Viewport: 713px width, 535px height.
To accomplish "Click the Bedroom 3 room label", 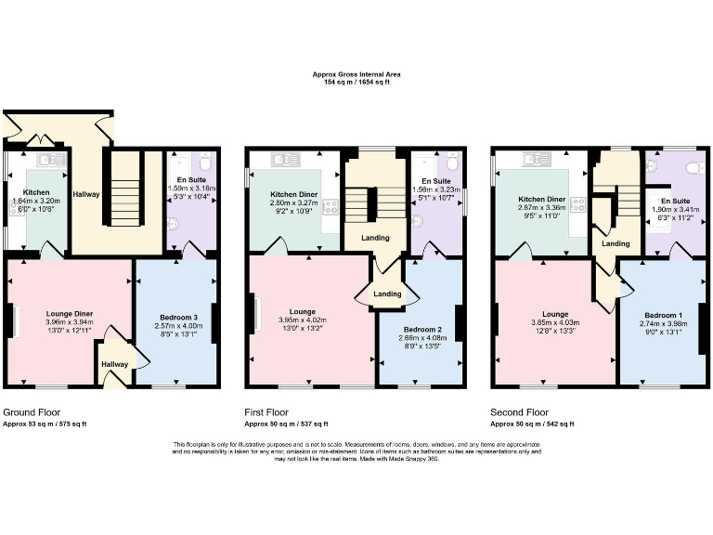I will coord(176,317).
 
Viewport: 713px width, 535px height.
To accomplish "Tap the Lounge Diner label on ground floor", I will coord(70,314).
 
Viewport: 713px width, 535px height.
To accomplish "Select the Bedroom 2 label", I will coord(421,329).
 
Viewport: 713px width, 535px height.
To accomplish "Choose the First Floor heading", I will coord(266,411).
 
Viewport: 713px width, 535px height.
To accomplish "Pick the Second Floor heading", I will coord(519,411).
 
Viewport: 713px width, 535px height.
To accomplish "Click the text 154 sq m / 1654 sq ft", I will coord(356,83).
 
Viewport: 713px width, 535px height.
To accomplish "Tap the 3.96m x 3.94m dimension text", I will coord(70,322).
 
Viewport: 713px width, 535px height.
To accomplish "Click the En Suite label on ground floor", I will coord(193,178).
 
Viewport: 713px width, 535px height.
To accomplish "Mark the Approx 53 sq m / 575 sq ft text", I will coord(45,424).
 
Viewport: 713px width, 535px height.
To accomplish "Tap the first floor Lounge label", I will coord(302,311).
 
